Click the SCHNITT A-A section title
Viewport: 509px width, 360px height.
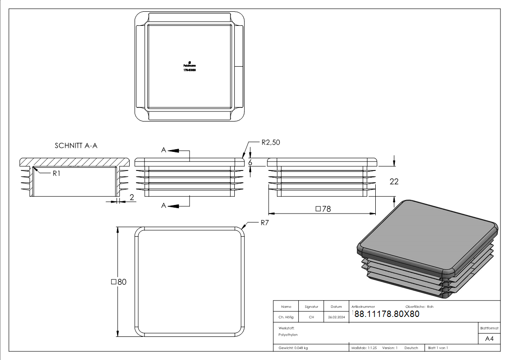76,146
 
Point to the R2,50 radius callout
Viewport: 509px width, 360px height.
271,142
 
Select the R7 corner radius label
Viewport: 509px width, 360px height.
265,223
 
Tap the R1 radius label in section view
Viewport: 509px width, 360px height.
56,174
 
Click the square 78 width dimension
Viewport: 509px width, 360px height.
322,209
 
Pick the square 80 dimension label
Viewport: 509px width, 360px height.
119,282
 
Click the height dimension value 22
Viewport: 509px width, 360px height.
394,181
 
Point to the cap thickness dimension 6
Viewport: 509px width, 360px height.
250,162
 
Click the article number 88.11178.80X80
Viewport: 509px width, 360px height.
387,314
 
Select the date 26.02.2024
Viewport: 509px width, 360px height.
336,317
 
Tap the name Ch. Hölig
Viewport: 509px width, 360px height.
286,317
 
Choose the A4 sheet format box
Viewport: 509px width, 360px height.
490,339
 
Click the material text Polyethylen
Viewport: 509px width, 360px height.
288,335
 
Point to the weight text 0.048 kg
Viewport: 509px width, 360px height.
293,348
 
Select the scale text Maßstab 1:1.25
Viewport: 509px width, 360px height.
364,348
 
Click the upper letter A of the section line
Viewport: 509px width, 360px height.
165,150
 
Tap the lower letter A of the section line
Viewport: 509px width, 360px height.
165,206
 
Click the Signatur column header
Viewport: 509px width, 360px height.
311,306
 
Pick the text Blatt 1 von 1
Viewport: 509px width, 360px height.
438,348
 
